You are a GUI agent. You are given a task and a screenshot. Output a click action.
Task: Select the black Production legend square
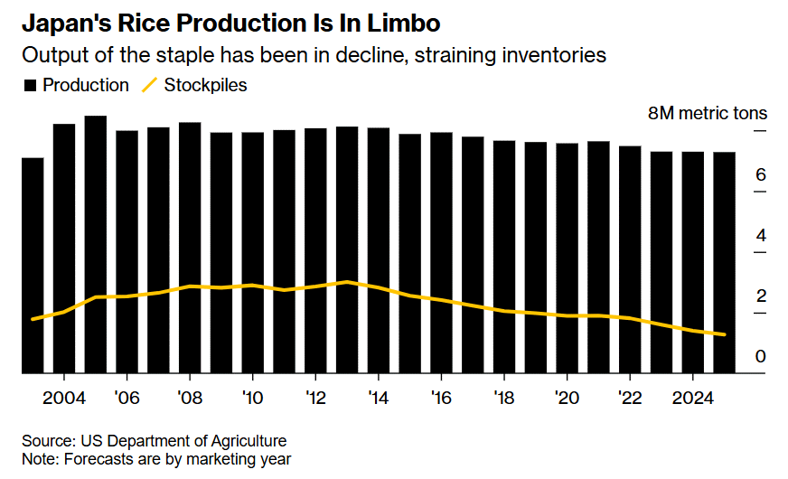tap(30, 86)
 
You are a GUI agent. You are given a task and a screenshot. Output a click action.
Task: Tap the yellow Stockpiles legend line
tap(150, 85)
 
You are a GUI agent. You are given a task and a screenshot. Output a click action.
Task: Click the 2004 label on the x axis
tap(64, 398)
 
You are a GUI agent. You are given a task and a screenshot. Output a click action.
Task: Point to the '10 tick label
tap(252, 398)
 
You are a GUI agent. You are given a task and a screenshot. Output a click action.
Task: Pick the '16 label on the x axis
tap(441, 398)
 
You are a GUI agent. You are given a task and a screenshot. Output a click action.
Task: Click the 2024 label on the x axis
tap(692, 398)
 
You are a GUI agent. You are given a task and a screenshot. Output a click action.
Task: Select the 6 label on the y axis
tap(761, 174)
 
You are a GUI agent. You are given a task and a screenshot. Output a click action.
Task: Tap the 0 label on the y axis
tap(761, 356)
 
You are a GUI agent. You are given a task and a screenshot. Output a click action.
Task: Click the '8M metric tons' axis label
tap(708, 113)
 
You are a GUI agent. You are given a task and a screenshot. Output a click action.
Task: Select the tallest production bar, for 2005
tap(96, 244)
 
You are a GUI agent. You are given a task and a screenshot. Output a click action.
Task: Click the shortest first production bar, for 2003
tap(33, 266)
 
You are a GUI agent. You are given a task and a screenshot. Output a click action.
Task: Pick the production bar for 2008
tap(190, 248)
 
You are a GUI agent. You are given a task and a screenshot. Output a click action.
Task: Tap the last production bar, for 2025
tap(724, 262)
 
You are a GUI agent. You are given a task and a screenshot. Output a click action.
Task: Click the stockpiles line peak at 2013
tap(347, 282)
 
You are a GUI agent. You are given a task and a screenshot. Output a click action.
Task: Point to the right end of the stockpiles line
tap(724, 334)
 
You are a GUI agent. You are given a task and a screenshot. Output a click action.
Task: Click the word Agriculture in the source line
tap(249, 441)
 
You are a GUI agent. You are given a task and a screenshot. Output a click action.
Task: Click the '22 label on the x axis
tap(630, 398)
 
